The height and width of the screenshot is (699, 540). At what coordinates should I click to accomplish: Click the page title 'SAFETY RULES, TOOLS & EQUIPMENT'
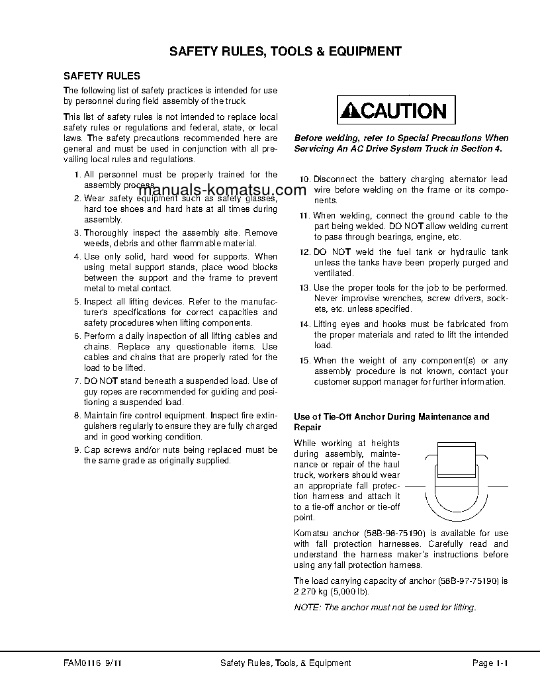pyautogui.click(x=285, y=51)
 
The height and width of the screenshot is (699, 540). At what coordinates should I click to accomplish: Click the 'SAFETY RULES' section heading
pyautogui.click(x=101, y=76)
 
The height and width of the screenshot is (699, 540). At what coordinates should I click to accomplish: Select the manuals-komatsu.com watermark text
pyautogui.click(x=222, y=191)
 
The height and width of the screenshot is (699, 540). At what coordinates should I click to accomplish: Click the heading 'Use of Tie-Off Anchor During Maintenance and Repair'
pyautogui.click(x=391, y=422)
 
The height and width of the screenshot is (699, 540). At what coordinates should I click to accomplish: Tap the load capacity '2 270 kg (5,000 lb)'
pyautogui.click(x=331, y=591)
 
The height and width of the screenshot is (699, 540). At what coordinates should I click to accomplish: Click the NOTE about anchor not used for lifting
pyautogui.click(x=384, y=607)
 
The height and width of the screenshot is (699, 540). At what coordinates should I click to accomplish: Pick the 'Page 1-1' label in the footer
pyautogui.click(x=490, y=663)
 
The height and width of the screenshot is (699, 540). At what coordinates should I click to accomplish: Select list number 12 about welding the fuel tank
pyautogui.click(x=304, y=252)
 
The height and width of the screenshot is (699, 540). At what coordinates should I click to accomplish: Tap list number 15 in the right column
pyautogui.click(x=304, y=361)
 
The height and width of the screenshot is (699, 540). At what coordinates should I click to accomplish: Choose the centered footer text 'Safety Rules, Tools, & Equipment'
pyautogui.click(x=285, y=663)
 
